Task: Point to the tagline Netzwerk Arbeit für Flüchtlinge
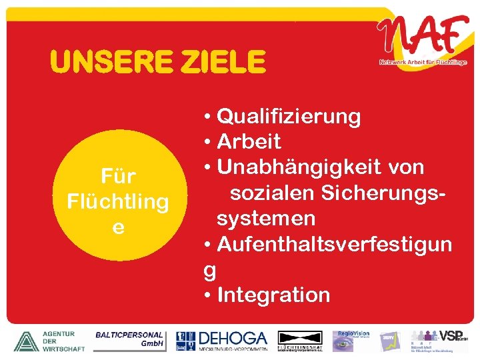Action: [x=423, y=62]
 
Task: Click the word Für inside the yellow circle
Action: [x=118, y=177]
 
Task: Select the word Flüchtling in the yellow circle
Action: [x=118, y=201]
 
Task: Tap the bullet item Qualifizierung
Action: [x=289, y=117]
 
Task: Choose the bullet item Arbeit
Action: [x=249, y=142]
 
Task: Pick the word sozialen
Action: [x=273, y=193]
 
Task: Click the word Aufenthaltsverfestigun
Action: [x=334, y=244]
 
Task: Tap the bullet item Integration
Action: [x=273, y=295]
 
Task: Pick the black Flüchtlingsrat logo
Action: [x=299, y=341]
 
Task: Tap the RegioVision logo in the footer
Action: [x=353, y=340]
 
